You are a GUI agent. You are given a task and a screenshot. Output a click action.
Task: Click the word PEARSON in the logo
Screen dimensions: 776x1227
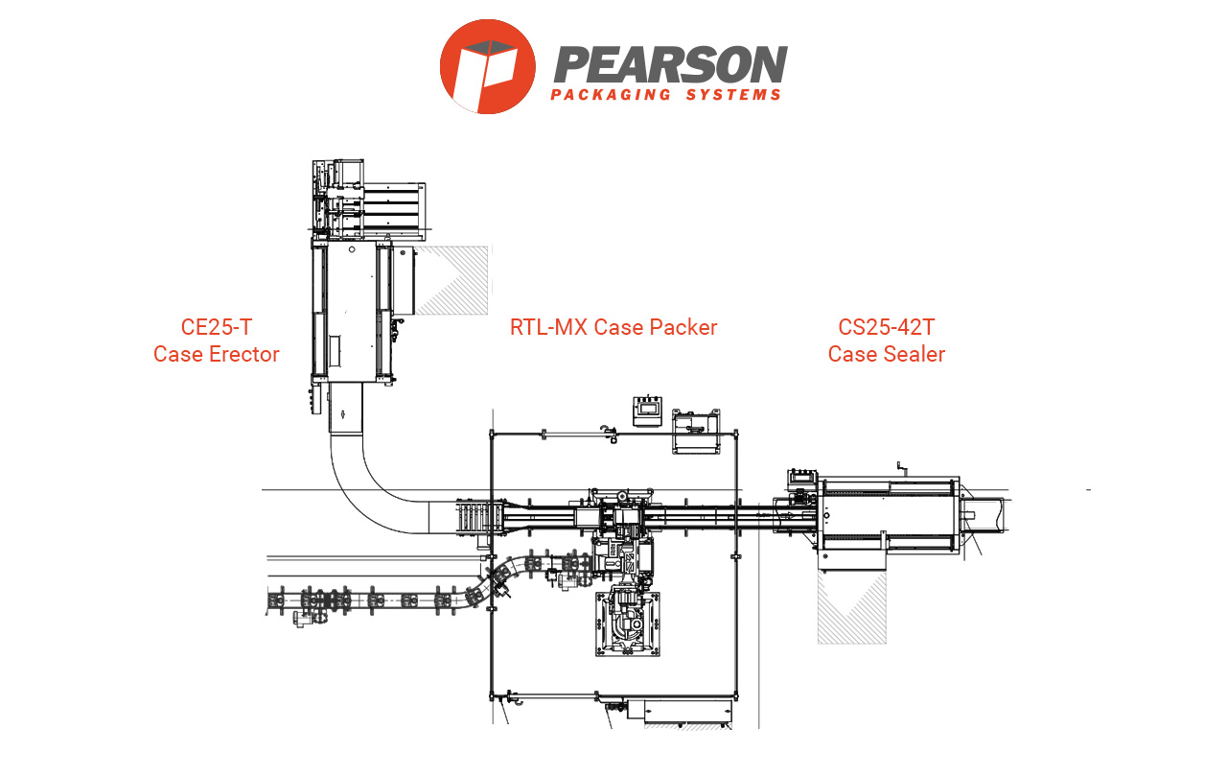pos(670,64)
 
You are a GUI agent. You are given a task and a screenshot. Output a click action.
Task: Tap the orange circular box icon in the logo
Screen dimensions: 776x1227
pos(487,66)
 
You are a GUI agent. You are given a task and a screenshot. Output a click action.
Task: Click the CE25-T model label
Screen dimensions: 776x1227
pos(216,327)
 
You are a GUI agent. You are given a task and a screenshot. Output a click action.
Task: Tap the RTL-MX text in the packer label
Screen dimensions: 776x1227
pos(550,327)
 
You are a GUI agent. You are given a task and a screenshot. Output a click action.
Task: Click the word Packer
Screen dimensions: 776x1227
pos(682,327)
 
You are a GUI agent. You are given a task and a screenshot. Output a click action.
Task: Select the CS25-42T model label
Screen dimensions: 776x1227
pos(886,327)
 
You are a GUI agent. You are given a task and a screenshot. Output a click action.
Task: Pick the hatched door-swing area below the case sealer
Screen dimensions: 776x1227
pos(851,606)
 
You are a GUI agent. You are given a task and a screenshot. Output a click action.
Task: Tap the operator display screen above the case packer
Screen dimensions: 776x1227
pos(648,408)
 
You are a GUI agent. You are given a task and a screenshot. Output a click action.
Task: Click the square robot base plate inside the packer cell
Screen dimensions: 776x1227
pos(629,624)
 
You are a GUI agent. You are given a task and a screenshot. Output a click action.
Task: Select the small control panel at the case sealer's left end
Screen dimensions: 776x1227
pos(800,480)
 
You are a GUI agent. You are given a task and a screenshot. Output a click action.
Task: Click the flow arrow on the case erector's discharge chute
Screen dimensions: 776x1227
pos(343,415)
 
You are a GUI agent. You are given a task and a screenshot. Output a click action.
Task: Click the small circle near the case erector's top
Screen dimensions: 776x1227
pos(352,248)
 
